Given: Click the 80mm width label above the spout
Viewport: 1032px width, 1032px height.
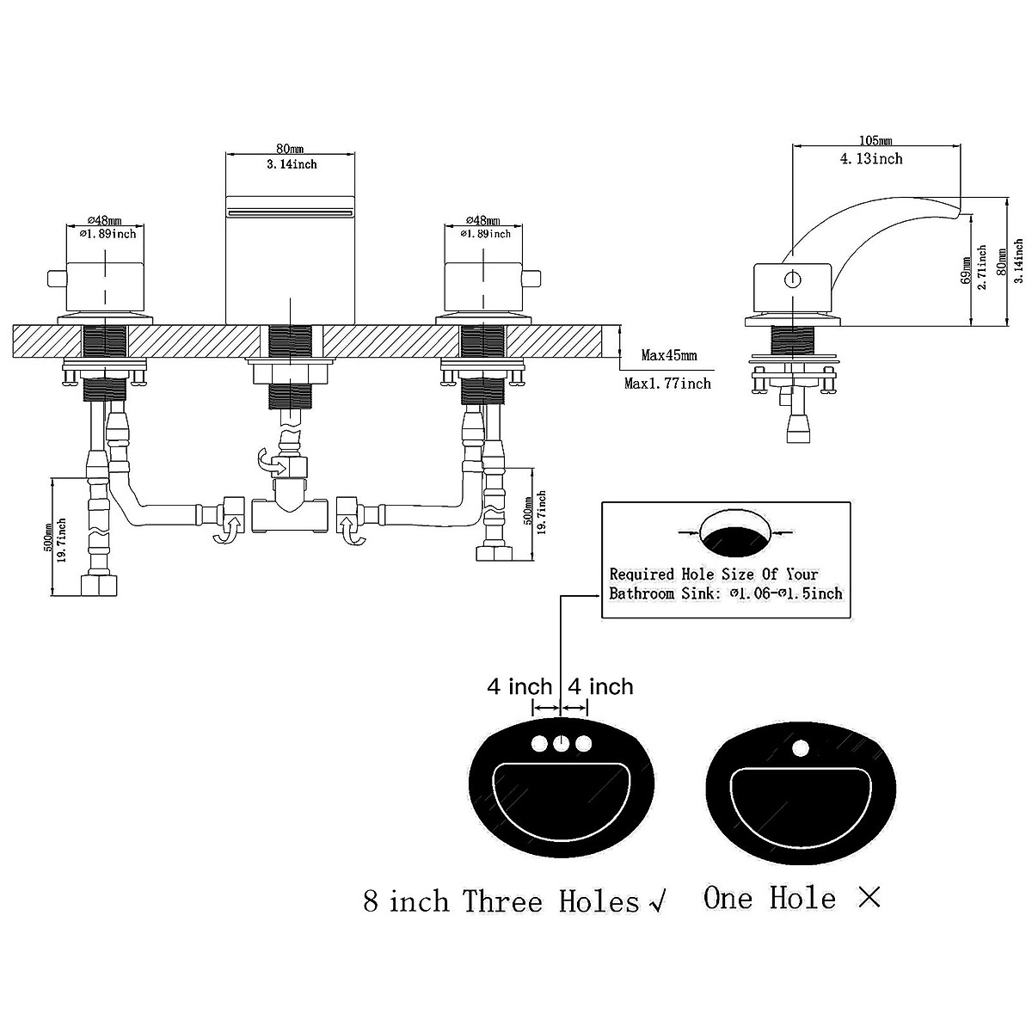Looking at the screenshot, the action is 290,148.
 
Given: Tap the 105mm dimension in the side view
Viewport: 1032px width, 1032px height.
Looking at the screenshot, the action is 875,140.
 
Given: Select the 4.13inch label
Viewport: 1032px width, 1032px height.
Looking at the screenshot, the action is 871,158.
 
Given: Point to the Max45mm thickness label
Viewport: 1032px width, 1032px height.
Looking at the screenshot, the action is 669,354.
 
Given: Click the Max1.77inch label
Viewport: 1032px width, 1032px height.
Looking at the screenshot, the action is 667,383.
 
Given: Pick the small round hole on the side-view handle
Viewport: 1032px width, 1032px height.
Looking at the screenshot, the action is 791,279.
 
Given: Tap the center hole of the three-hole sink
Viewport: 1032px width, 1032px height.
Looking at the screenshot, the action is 561,743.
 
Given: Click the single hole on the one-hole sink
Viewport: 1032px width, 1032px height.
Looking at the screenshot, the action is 800,747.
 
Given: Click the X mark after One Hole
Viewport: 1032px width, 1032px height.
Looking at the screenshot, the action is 869,898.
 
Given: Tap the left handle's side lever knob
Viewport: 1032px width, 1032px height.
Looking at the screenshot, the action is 56,279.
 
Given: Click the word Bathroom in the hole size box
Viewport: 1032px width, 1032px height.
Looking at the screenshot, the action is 642,593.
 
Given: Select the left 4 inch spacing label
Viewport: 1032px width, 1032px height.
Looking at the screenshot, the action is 519,686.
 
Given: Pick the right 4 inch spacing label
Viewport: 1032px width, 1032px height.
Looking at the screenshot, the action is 601,686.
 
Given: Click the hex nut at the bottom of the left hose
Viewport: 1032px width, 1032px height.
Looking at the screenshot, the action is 99,586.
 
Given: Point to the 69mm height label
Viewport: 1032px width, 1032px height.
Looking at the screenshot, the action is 966,270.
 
